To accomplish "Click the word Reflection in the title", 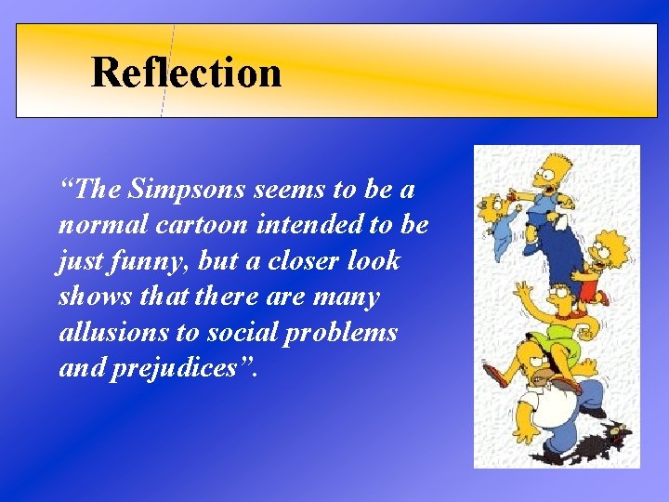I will pos(186,73).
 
